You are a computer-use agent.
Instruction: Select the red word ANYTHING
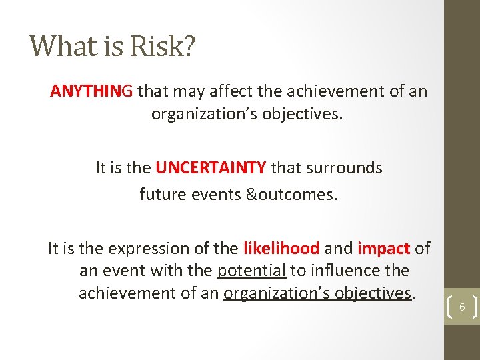point(91,91)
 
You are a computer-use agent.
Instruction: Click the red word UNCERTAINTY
point(211,168)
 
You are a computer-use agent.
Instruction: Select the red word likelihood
point(281,249)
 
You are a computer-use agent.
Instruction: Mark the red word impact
point(383,249)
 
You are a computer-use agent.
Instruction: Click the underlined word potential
point(252,271)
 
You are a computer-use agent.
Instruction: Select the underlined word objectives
point(373,293)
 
